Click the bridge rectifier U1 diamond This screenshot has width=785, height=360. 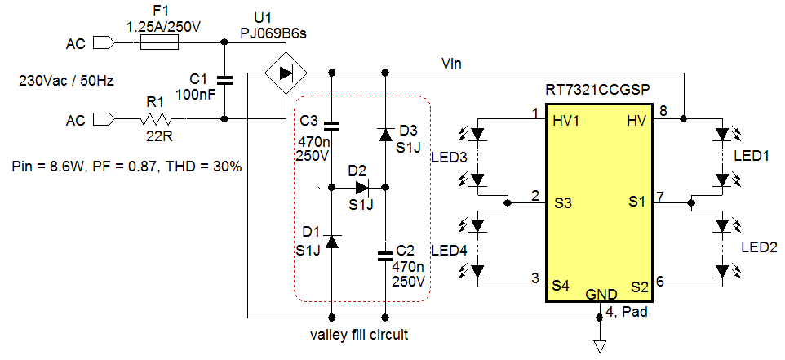coord(286,73)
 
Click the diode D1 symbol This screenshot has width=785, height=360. coord(331,242)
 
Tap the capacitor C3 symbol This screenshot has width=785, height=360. coord(331,126)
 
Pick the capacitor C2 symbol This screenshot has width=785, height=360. coord(385,256)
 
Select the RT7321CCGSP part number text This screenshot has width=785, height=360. coord(600,88)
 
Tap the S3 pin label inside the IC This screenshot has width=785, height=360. coord(561,202)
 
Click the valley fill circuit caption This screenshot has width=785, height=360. coord(359,335)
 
